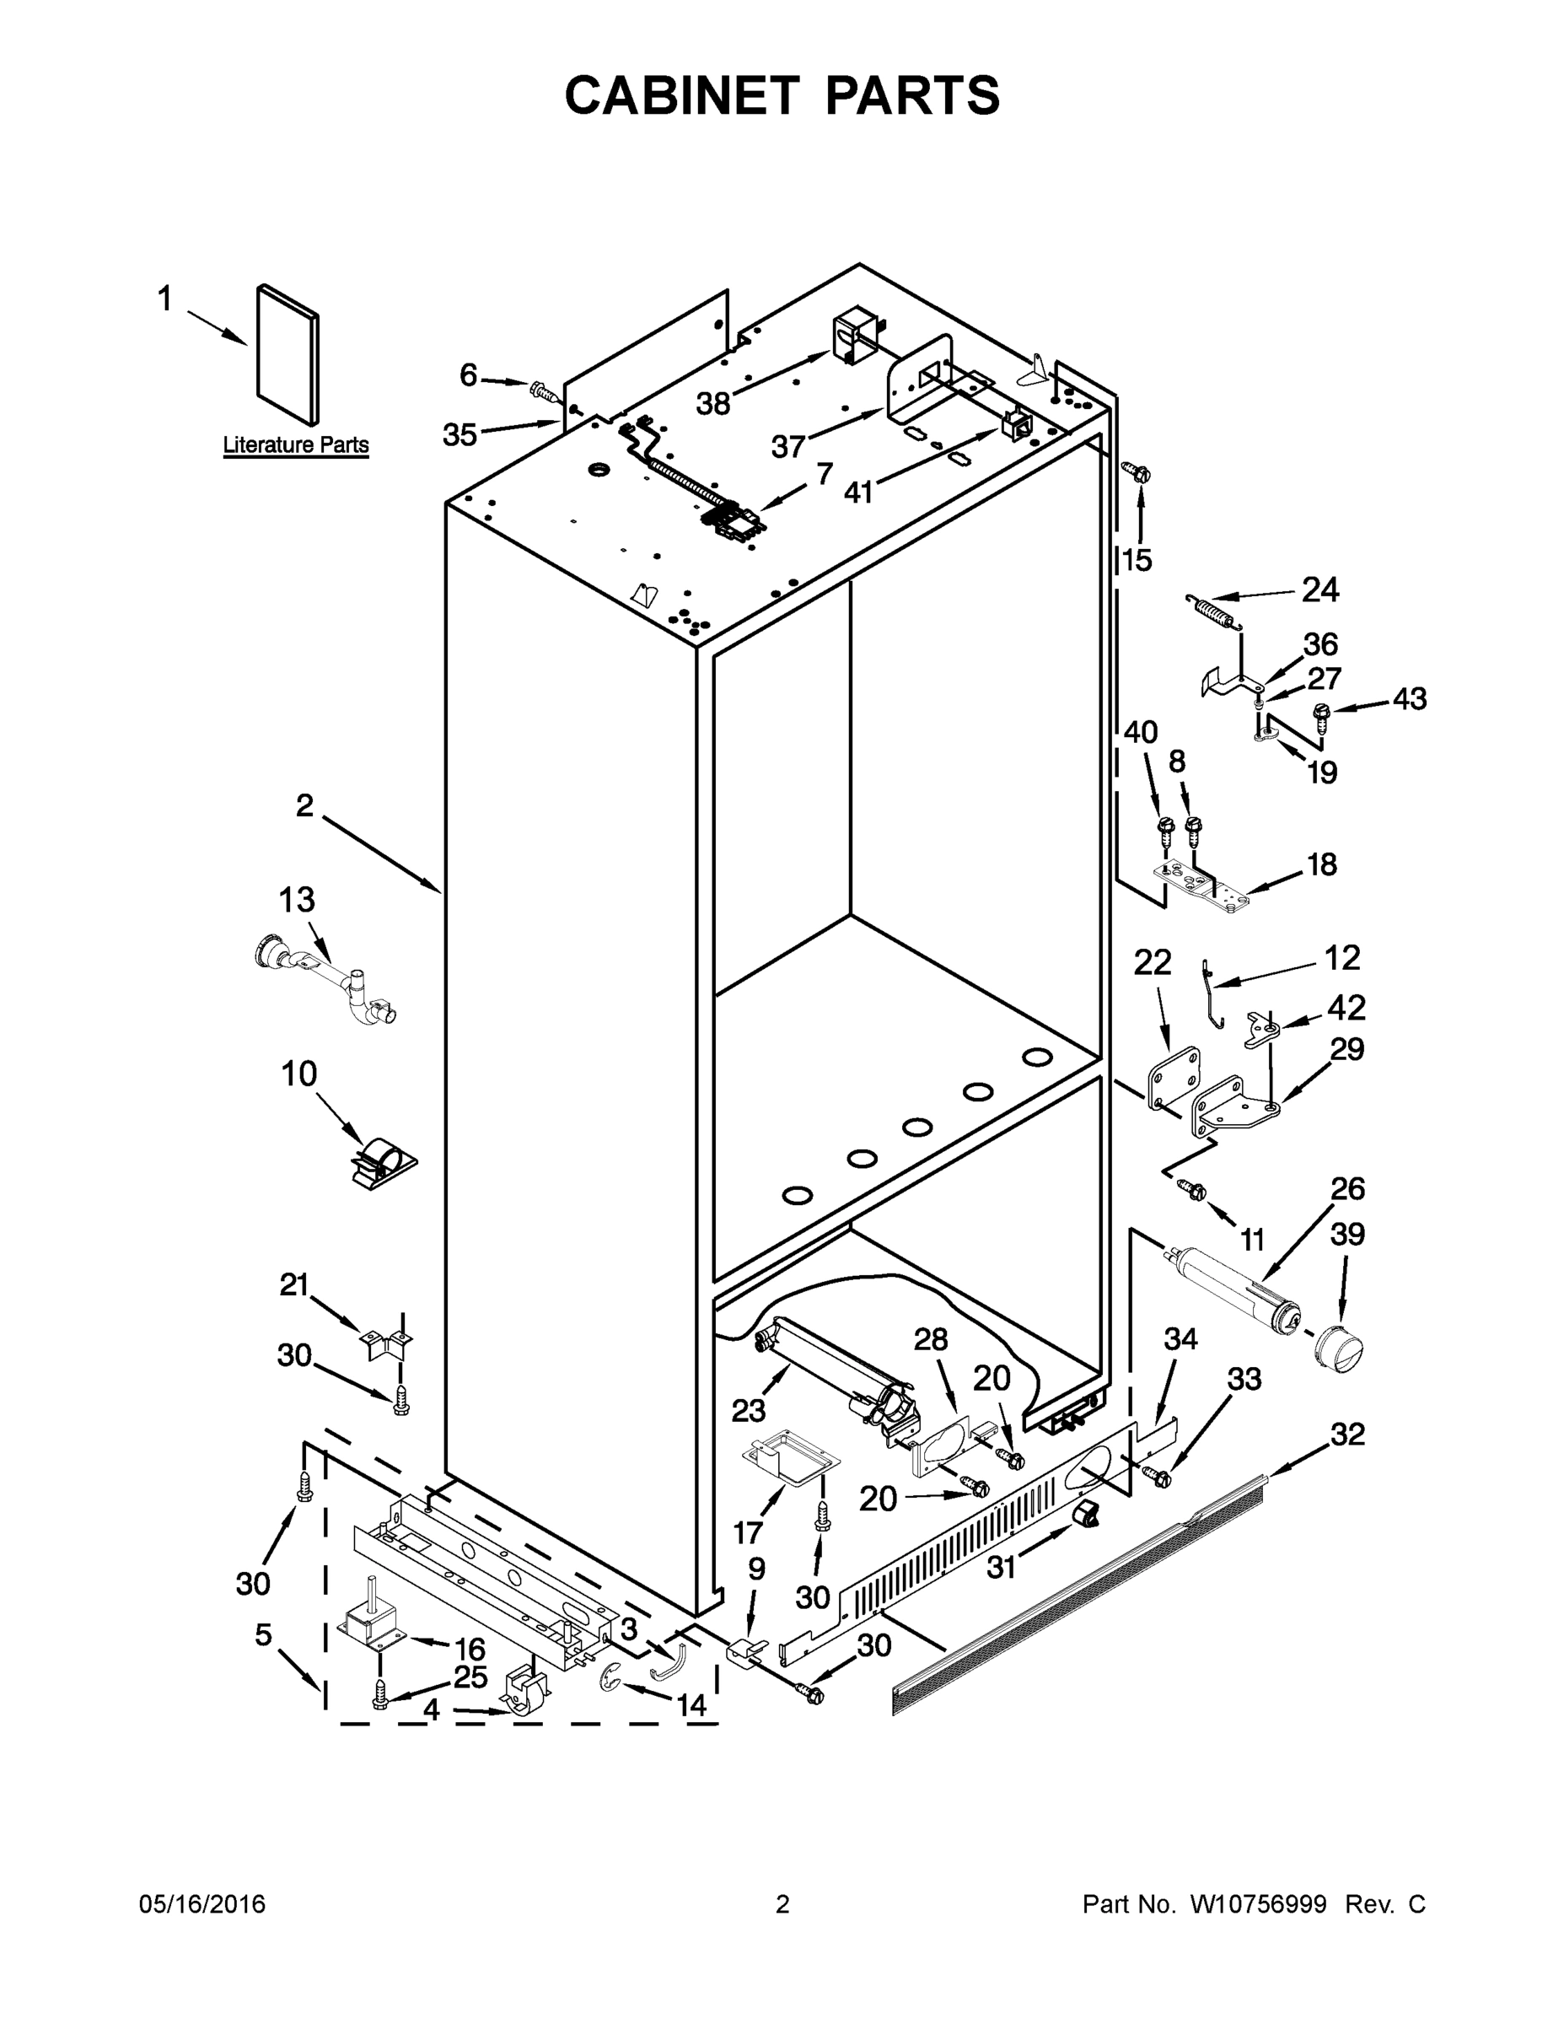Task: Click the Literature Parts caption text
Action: [296, 444]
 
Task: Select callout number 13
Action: [297, 899]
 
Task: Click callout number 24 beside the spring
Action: [1319, 589]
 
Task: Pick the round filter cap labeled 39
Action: [1337, 1356]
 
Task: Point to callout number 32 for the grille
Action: [1347, 1434]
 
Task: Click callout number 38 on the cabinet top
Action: [712, 403]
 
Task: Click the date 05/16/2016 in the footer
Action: [202, 1904]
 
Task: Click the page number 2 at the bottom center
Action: [782, 1904]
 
